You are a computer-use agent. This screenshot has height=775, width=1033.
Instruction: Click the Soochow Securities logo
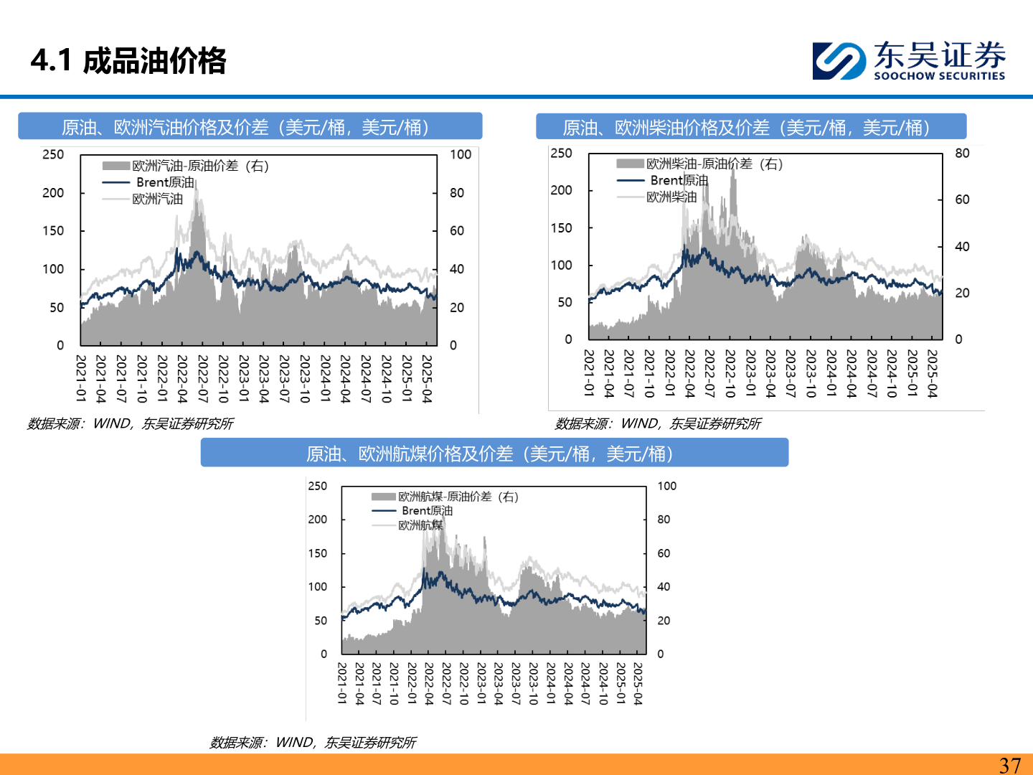909,60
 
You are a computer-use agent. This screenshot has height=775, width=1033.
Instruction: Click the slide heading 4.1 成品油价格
129,61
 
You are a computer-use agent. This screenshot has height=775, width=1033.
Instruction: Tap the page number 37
1009,765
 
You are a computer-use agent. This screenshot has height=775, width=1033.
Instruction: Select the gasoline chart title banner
250,127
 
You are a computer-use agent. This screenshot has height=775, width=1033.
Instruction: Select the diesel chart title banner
750,127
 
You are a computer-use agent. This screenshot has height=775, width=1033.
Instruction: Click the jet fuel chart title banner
494,454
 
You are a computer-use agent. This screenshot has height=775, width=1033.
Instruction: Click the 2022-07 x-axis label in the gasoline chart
203,378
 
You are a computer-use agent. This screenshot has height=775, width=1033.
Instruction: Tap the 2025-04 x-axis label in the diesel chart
933,373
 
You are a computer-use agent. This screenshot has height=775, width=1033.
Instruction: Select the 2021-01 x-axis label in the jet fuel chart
342,683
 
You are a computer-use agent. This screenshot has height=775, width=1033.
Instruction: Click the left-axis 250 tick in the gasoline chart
53,154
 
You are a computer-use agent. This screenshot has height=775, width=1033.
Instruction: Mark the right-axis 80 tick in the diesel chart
962,153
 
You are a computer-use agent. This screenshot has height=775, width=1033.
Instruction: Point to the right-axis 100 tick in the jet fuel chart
667,486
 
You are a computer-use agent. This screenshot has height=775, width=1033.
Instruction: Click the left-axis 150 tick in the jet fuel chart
317,553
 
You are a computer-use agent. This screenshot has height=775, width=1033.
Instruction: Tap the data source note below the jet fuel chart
313,743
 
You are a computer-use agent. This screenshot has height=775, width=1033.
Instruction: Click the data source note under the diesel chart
658,424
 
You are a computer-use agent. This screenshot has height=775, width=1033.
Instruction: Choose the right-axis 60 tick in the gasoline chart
457,230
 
